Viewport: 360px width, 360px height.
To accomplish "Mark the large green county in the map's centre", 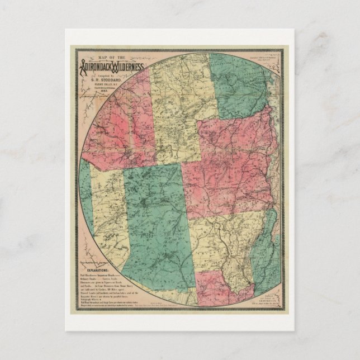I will click(151, 218).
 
